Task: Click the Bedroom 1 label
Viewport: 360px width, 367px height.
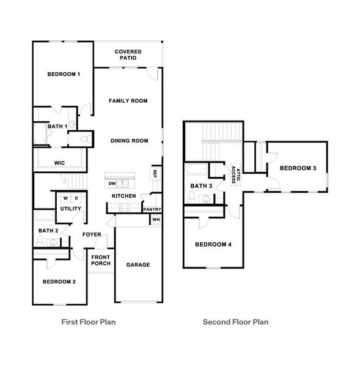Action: (x=64, y=74)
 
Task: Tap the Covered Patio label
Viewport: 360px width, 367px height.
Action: (x=128, y=55)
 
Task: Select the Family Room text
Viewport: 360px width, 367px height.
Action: (x=128, y=101)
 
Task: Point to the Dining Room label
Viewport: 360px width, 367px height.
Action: (x=130, y=141)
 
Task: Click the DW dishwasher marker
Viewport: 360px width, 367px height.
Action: (x=112, y=183)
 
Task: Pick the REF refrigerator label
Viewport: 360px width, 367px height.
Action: (x=155, y=173)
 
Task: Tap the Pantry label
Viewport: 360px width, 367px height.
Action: (x=152, y=209)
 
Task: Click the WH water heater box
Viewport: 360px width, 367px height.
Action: (x=156, y=220)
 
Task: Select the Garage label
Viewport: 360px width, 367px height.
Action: (x=138, y=265)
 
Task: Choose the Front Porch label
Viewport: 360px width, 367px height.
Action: (x=101, y=261)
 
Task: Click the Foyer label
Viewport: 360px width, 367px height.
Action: (x=92, y=234)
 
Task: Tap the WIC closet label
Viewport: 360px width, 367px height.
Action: (x=59, y=163)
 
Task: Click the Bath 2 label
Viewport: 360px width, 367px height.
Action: (x=48, y=231)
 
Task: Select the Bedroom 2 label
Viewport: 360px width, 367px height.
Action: (x=59, y=282)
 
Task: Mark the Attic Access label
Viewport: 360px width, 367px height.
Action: (x=235, y=174)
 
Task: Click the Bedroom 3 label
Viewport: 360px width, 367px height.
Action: (x=298, y=168)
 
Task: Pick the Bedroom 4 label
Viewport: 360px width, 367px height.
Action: (x=213, y=245)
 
